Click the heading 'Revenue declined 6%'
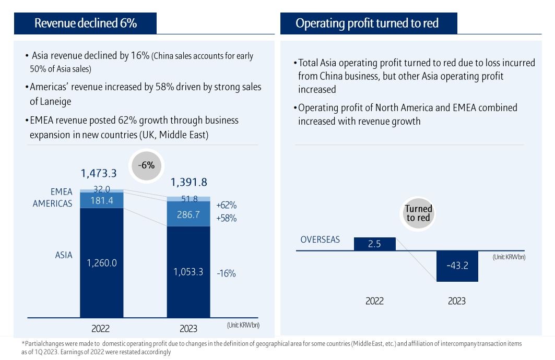coord(86,23)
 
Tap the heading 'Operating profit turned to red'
coord(367,23)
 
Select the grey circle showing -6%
coord(147,165)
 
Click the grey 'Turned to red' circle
coord(418,213)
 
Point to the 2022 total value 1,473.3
coord(98,173)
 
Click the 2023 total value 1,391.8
coord(188,182)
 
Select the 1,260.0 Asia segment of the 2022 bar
coord(102,262)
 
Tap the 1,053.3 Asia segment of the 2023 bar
coord(188,271)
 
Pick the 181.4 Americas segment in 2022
coord(102,200)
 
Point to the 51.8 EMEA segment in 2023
coord(188,199)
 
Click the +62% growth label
coord(226,205)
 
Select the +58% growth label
coord(226,218)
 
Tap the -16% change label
coord(226,273)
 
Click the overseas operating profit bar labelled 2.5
coord(374,244)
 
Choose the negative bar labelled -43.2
coord(457,266)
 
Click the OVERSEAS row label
coord(320,240)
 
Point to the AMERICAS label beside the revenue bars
coord(52,203)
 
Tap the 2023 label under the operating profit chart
coord(456,301)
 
